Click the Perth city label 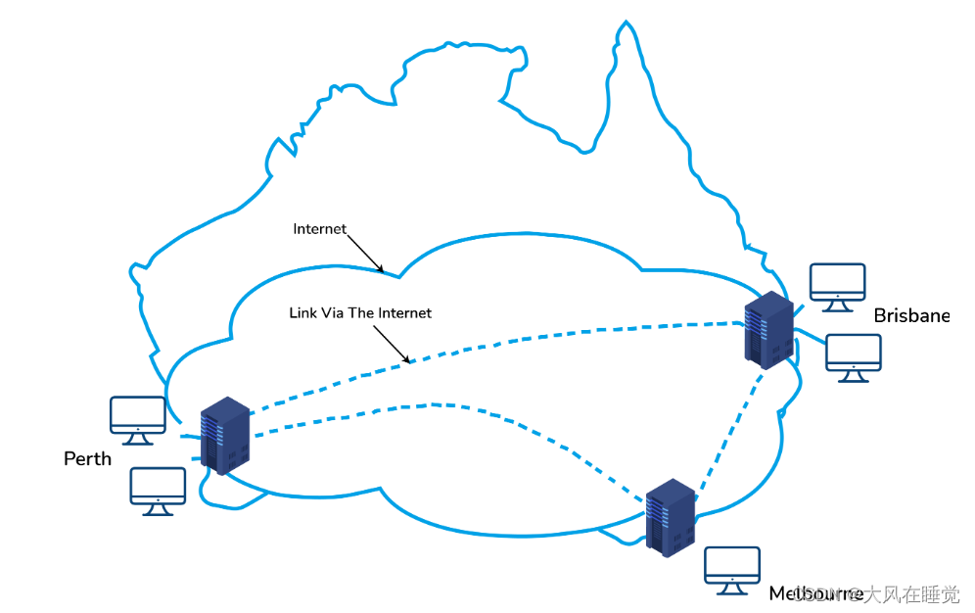[x=87, y=458]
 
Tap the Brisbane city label [x=911, y=315]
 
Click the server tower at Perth [x=225, y=436]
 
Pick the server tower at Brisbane [x=768, y=330]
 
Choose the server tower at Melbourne [x=672, y=517]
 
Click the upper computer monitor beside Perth [x=138, y=419]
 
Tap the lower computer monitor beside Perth [x=158, y=490]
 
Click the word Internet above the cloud [x=320, y=229]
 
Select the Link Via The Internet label [x=360, y=313]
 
